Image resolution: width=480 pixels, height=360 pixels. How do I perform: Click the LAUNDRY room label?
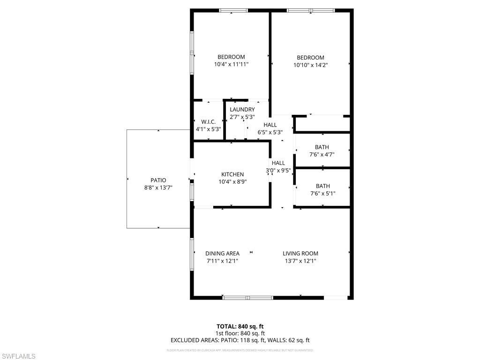coord(242,110)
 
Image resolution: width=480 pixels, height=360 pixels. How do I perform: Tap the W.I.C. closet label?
coord(208,122)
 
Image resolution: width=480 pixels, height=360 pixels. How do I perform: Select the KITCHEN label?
coord(232,174)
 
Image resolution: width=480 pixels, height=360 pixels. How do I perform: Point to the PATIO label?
coord(158,180)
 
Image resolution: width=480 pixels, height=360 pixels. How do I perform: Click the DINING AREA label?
coord(222,254)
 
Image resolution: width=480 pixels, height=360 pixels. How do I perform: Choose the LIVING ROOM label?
coord(300,254)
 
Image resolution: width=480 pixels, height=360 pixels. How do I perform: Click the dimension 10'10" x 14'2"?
coord(310,65)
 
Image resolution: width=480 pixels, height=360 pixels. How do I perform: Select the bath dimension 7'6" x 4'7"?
coord(322,154)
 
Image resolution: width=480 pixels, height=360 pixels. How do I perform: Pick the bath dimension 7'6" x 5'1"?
coord(322,193)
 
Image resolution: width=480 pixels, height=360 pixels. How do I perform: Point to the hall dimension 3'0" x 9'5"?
coord(278,171)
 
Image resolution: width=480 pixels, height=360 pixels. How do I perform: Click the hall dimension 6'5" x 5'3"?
coord(270,132)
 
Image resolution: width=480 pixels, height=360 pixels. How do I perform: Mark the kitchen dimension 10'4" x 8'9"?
coord(232,182)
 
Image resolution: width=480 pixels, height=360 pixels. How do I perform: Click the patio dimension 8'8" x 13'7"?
coord(158,187)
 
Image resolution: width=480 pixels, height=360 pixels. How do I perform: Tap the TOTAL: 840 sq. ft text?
coord(240,326)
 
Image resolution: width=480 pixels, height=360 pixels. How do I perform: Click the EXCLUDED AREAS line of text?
coord(240,341)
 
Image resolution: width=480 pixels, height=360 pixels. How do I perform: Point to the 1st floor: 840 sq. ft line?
coord(240,333)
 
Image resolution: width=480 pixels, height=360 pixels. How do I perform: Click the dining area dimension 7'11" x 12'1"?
coord(222,261)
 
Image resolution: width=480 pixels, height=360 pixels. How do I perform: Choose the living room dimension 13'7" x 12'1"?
coord(300,261)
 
